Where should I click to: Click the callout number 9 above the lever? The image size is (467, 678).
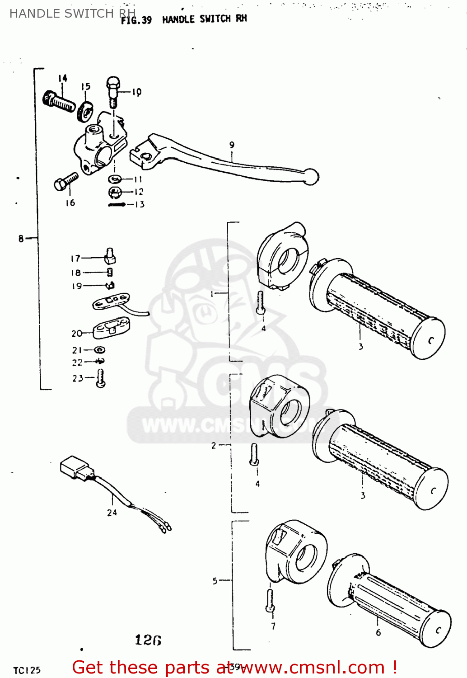[232, 145]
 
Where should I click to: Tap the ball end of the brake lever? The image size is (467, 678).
[311, 176]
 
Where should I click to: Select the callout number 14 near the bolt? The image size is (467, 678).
[62, 79]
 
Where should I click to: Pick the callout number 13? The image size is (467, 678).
[140, 205]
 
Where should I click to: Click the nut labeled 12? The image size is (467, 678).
[115, 193]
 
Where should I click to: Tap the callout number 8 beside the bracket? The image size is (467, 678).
[21, 238]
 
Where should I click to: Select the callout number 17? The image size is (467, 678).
[75, 259]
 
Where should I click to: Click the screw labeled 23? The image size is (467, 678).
[101, 378]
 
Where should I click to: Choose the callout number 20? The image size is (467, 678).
[76, 334]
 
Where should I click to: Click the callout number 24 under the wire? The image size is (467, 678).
[112, 513]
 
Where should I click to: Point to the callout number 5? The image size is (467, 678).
[215, 581]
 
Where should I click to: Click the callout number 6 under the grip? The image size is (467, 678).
[378, 633]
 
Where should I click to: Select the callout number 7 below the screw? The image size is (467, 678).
[273, 626]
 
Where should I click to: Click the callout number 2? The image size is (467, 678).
[214, 446]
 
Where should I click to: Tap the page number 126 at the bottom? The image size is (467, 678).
[148, 640]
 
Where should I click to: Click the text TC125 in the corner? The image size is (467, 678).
[27, 670]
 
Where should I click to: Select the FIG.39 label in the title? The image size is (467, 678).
[136, 20]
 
